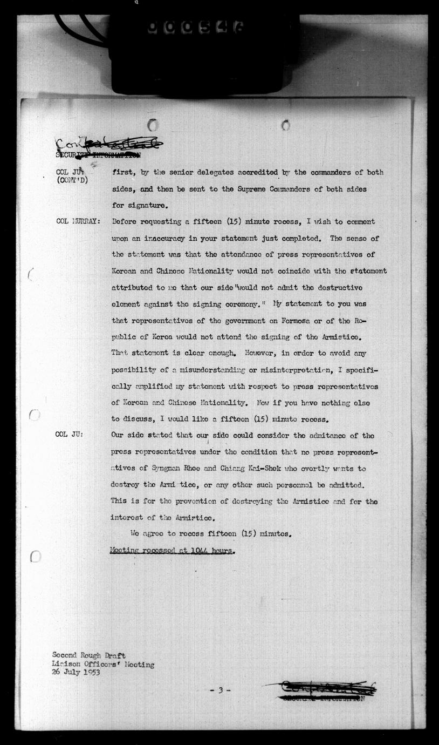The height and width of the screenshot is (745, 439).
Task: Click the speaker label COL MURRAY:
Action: pyautogui.click(x=78, y=222)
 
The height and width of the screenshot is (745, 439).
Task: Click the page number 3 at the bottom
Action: pyautogui.click(x=220, y=690)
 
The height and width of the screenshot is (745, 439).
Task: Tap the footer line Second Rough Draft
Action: pyautogui.click(x=89, y=656)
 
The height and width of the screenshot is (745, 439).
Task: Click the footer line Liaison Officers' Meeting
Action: pyautogui.click(x=103, y=665)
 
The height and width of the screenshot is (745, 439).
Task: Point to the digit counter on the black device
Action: pyautogui.click(x=195, y=28)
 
